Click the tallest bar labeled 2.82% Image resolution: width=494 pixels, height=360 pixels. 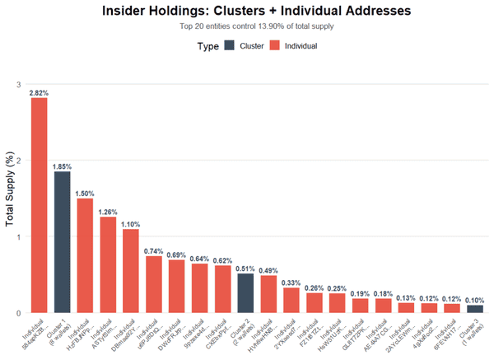pos(40,205)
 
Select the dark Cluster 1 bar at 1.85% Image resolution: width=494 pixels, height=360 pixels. pos(63,242)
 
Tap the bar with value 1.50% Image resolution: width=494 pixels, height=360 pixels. pos(85,255)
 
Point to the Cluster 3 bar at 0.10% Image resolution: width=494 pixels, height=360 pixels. pos(475,309)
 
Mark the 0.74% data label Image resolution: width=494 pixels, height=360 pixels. pos(154,250)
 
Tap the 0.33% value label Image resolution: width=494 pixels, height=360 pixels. pos(291,283)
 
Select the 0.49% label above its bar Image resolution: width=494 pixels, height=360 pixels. pos(268,270)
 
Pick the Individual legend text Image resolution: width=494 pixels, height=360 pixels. pos(301,46)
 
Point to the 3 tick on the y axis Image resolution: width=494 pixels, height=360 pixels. pos(19,85)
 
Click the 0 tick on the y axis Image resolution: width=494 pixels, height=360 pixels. pos(19,313)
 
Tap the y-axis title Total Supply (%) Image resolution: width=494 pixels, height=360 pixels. pos(10,198)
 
